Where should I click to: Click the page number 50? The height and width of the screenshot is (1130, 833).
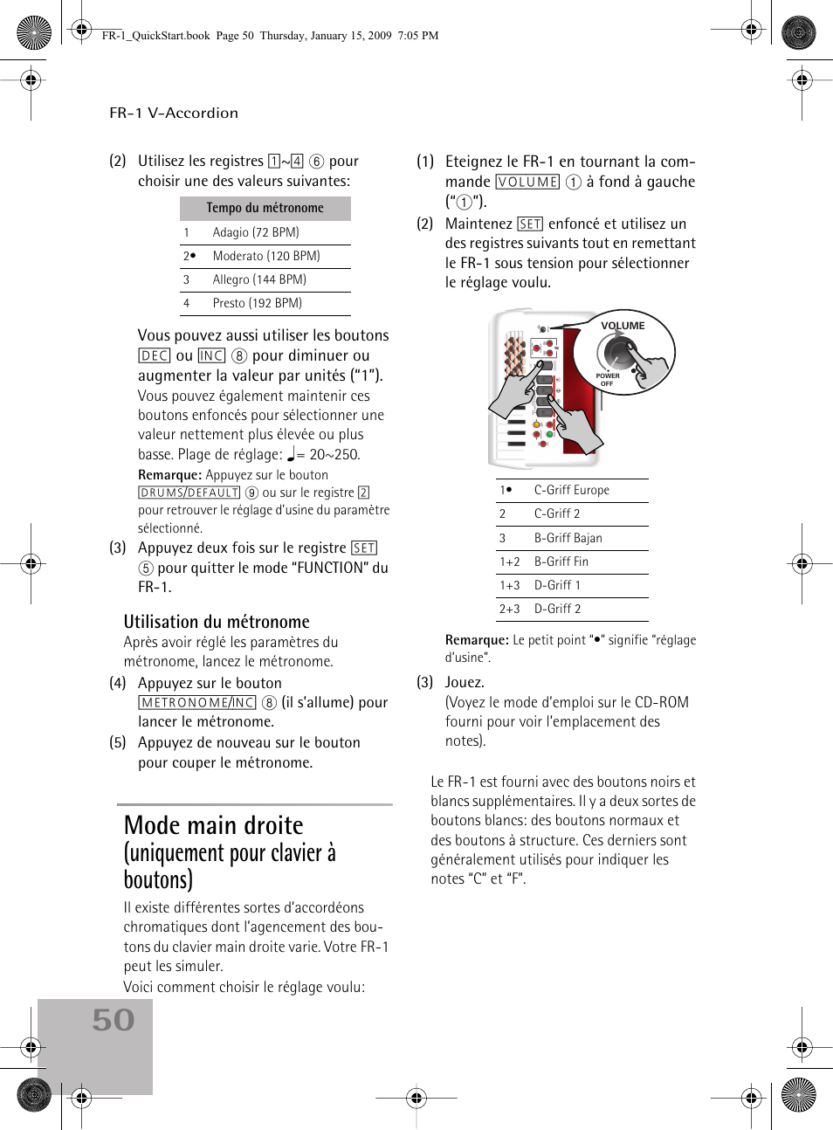pyautogui.click(x=114, y=1020)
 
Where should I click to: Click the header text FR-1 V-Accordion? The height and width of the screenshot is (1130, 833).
pyautogui.click(x=174, y=113)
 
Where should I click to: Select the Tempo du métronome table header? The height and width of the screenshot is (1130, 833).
pyautogui.click(x=265, y=208)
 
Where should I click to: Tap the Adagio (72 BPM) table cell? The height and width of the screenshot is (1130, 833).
pyautogui.click(x=256, y=232)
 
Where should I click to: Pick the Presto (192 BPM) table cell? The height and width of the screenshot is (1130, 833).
pyautogui.click(x=258, y=303)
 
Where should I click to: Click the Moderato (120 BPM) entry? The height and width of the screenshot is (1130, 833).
pyautogui.click(x=266, y=256)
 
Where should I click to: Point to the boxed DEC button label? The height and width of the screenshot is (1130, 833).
pyautogui.click(x=155, y=355)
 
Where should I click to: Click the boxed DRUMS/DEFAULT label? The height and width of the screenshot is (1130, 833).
pyautogui.click(x=189, y=493)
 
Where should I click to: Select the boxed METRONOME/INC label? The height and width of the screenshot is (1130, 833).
pyautogui.click(x=197, y=702)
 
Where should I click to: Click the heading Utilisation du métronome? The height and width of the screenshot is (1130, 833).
pyautogui.click(x=217, y=622)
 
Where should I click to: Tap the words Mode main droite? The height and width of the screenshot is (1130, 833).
pyautogui.click(x=214, y=825)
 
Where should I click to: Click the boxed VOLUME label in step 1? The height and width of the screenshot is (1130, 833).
pyautogui.click(x=527, y=182)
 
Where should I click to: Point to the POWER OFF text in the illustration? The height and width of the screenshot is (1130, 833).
pyautogui.click(x=607, y=380)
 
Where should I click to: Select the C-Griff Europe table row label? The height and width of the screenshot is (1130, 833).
pyautogui.click(x=572, y=491)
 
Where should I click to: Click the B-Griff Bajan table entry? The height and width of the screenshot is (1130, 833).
pyautogui.click(x=568, y=538)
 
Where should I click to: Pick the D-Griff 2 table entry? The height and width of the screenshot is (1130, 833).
pyautogui.click(x=557, y=610)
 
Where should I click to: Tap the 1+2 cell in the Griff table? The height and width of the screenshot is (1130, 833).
pyautogui.click(x=510, y=562)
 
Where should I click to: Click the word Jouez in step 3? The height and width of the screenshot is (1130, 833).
pyautogui.click(x=464, y=682)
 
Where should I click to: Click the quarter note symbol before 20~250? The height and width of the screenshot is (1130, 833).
pyautogui.click(x=292, y=454)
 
